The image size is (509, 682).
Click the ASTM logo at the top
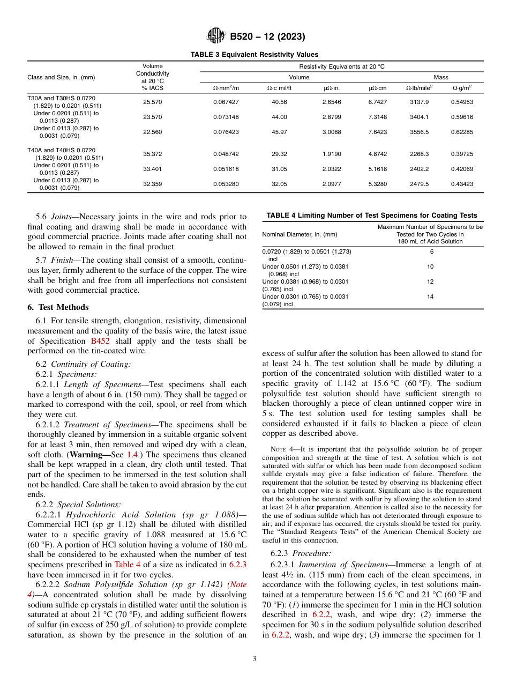[x=216, y=36]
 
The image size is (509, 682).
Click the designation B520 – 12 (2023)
[x=267, y=37]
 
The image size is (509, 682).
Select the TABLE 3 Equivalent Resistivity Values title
[x=254, y=55]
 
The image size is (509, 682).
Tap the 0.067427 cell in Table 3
[x=226, y=102]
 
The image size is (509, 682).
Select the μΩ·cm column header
[x=378, y=87]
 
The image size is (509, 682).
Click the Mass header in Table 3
[x=441, y=77]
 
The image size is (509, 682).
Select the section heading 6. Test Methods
[x=58, y=307]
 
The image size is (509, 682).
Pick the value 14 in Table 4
[x=430, y=297]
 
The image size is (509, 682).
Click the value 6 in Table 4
[x=431, y=251]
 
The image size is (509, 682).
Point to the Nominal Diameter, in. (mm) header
[x=300, y=234]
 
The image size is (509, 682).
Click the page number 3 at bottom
[x=254, y=658]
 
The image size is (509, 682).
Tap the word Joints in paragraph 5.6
[x=63, y=217]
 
